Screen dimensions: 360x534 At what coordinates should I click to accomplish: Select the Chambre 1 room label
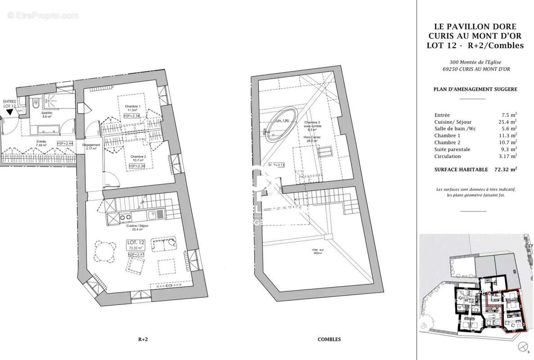(132, 106)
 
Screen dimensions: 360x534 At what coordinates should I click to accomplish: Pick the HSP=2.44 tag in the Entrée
(65, 143)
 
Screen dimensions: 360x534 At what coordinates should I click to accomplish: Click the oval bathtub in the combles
(283, 121)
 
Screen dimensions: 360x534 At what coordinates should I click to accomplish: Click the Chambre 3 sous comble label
(312, 126)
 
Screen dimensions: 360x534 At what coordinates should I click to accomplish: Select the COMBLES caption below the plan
(329, 340)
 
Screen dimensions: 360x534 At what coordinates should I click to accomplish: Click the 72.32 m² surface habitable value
(505, 170)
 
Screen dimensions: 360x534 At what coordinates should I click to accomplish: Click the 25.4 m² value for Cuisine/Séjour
(507, 121)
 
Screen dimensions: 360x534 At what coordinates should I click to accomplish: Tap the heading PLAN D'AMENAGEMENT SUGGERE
(475, 89)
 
